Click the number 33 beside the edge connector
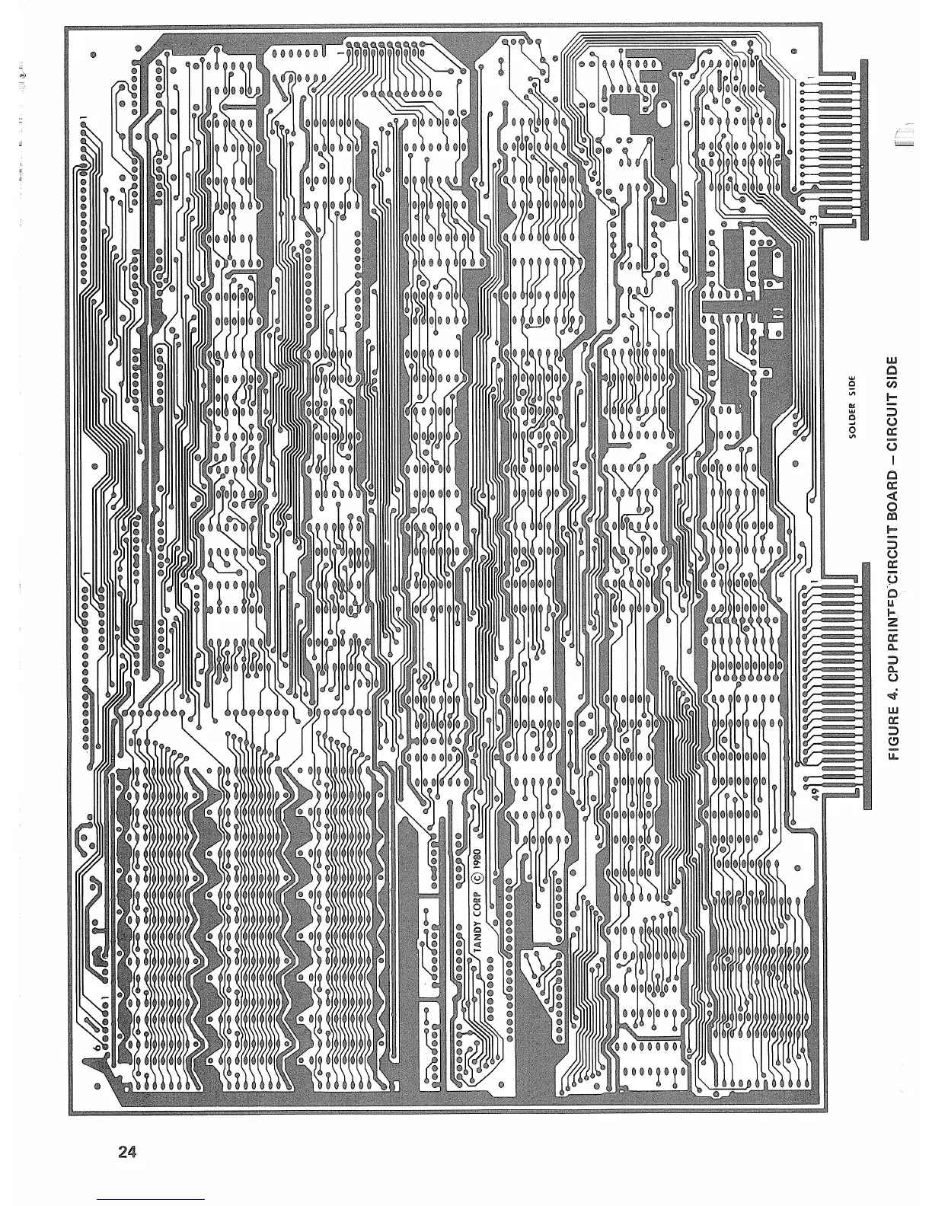[813, 220]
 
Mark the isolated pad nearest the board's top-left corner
[93, 56]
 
